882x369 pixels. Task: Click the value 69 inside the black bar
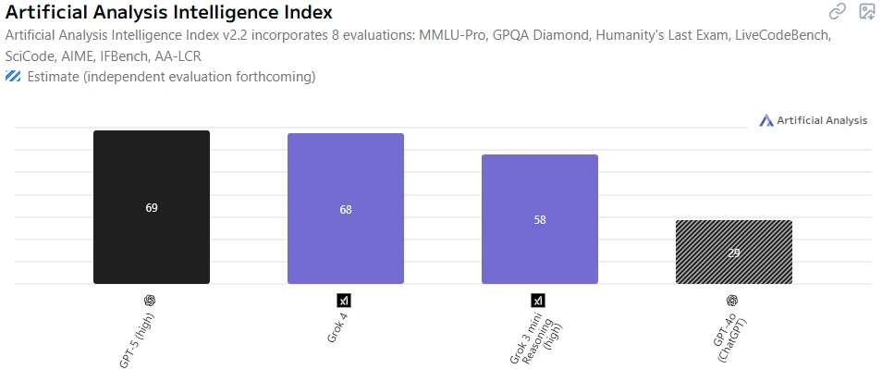click(152, 208)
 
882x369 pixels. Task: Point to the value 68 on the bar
click(346, 210)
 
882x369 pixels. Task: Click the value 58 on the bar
click(540, 220)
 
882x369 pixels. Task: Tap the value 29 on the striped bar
click(733, 252)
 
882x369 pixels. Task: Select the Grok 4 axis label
click(337, 327)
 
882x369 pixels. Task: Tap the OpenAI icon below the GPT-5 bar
click(150, 300)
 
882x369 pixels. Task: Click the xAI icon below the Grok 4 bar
click(344, 300)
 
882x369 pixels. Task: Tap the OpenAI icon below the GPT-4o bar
click(732, 300)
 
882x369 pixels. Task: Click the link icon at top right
click(838, 12)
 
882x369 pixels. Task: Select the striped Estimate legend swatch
click(13, 77)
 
